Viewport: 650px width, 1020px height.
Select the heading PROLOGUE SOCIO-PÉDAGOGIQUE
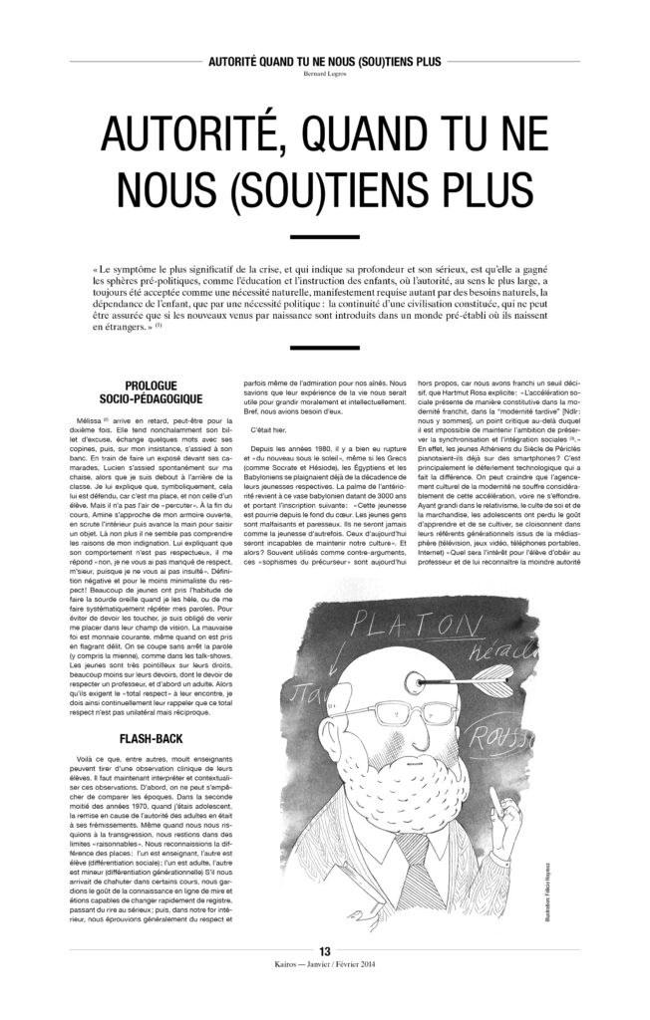point(165,390)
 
